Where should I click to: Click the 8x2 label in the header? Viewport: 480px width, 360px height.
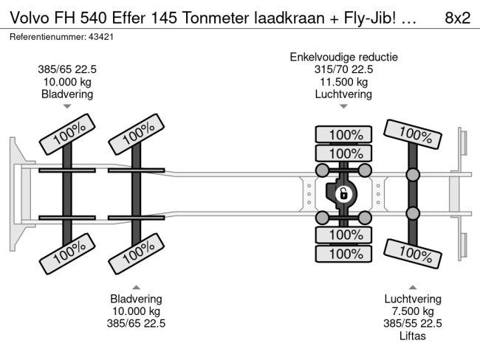(x=457, y=18)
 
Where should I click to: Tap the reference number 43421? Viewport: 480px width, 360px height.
(x=101, y=37)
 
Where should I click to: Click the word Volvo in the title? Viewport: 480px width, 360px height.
(x=30, y=18)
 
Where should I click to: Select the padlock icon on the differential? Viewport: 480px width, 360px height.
(x=343, y=193)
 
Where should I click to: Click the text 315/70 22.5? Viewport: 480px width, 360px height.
(x=343, y=69)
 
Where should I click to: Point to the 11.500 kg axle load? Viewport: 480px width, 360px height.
(x=344, y=82)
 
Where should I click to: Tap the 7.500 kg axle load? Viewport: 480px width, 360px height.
(x=413, y=311)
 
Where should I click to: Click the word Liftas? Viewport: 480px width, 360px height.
(x=413, y=336)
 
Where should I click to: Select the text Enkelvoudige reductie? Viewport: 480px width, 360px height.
(x=344, y=58)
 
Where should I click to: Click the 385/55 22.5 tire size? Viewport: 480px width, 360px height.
(x=413, y=323)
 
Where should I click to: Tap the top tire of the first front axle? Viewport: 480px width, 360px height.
(x=67, y=134)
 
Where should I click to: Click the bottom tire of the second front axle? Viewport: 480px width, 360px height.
(x=137, y=254)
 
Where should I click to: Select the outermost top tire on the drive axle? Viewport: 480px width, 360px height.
(x=343, y=134)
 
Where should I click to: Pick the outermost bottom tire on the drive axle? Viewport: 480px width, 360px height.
(x=343, y=254)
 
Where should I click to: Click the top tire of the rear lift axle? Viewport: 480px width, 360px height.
(x=413, y=134)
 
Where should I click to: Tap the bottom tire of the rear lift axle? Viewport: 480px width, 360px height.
(x=413, y=254)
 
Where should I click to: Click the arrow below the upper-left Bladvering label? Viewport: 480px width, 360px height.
(x=67, y=106)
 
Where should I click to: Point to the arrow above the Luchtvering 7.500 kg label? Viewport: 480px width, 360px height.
(x=413, y=287)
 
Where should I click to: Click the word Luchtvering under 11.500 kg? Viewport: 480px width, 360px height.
(x=343, y=94)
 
